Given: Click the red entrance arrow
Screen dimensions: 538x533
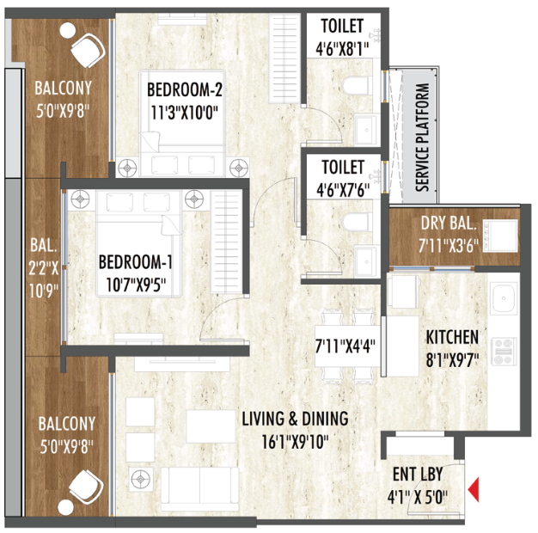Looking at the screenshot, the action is pyautogui.click(x=474, y=489).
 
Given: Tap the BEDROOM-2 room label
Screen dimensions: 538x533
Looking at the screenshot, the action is pyautogui.click(x=185, y=89).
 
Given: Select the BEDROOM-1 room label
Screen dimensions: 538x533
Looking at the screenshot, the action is pyautogui.click(x=135, y=262).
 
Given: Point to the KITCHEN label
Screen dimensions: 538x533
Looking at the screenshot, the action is pyautogui.click(x=452, y=337).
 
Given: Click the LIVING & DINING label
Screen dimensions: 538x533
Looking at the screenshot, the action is pyautogui.click(x=295, y=419).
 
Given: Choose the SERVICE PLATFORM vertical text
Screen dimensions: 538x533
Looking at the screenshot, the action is pyautogui.click(x=423, y=138).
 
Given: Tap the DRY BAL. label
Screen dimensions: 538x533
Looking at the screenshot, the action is pyautogui.click(x=449, y=223).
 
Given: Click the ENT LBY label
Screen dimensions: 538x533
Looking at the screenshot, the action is pyautogui.click(x=418, y=474).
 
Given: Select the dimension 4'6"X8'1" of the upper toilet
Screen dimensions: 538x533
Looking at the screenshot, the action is pyautogui.click(x=342, y=49).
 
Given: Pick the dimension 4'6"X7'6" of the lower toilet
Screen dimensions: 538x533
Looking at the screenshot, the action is pyautogui.click(x=343, y=190).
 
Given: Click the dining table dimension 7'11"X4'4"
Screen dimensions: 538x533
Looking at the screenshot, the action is pyautogui.click(x=345, y=346).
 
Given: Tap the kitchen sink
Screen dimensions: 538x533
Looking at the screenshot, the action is pyautogui.click(x=504, y=298).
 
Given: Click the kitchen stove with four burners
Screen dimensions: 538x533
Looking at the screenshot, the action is pyautogui.click(x=504, y=351).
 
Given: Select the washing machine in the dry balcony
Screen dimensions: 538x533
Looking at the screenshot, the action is pyautogui.click(x=500, y=236).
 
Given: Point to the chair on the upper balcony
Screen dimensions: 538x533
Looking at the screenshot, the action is pyautogui.click(x=88, y=51).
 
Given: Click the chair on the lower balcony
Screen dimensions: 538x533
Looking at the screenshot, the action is pyautogui.click(x=86, y=487).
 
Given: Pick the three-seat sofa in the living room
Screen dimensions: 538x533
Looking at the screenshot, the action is pyautogui.click(x=199, y=488).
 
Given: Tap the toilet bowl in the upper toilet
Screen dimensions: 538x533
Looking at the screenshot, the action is pyautogui.click(x=358, y=85).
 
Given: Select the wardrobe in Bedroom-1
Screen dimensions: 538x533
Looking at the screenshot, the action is pyautogui.click(x=226, y=242).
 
